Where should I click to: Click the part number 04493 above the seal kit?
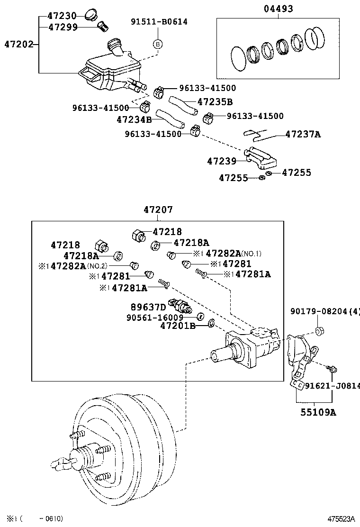point(279,9)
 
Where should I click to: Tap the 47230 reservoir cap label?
point(62,16)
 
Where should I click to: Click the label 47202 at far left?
point(19,45)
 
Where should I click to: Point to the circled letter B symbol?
point(158,44)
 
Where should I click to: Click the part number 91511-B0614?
point(159,21)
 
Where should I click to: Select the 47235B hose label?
point(215,102)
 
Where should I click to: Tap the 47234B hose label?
point(134,120)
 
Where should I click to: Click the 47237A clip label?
point(303,135)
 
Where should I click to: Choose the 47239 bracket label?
point(221,161)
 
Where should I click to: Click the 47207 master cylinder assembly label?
point(158,209)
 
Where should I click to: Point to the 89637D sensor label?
point(148,307)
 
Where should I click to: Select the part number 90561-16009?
point(162,317)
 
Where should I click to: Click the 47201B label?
point(178,326)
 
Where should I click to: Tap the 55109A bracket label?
point(318,412)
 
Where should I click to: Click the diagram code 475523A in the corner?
point(340,519)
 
